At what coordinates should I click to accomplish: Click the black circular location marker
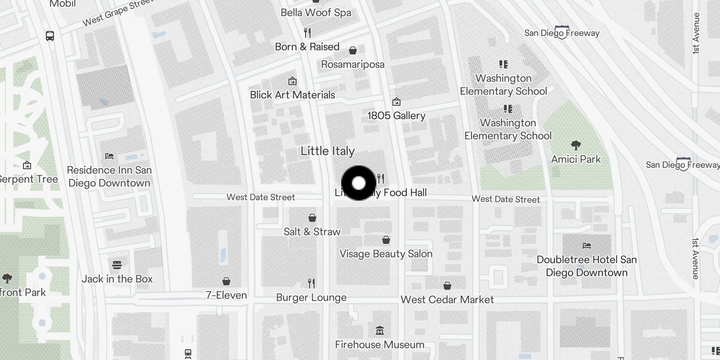(x=359, y=183)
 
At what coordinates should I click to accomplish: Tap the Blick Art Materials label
(x=292, y=95)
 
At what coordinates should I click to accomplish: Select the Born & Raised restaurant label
(x=307, y=47)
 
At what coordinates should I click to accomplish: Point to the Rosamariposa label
(x=353, y=64)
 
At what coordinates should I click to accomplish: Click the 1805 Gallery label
(x=396, y=116)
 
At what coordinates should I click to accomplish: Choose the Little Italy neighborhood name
(x=328, y=151)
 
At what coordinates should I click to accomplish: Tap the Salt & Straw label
(x=312, y=232)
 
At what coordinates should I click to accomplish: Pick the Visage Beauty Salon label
(x=386, y=254)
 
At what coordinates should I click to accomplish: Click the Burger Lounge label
(x=311, y=297)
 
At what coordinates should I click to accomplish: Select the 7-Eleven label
(x=226, y=295)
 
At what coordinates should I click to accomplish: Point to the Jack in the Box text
(x=117, y=279)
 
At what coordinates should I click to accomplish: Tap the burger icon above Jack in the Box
(x=117, y=265)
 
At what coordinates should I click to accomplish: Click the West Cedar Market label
(x=447, y=300)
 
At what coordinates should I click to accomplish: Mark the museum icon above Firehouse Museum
(x=379, y=331)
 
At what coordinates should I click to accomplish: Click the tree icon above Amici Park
(x=576, y=145)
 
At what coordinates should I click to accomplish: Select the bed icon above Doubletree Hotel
(x=586, y=246)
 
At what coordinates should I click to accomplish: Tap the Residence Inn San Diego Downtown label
(x=109, y=176)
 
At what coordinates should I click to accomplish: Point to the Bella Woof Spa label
(x=315, y=13)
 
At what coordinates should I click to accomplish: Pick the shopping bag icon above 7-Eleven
(x=226, y=281)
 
